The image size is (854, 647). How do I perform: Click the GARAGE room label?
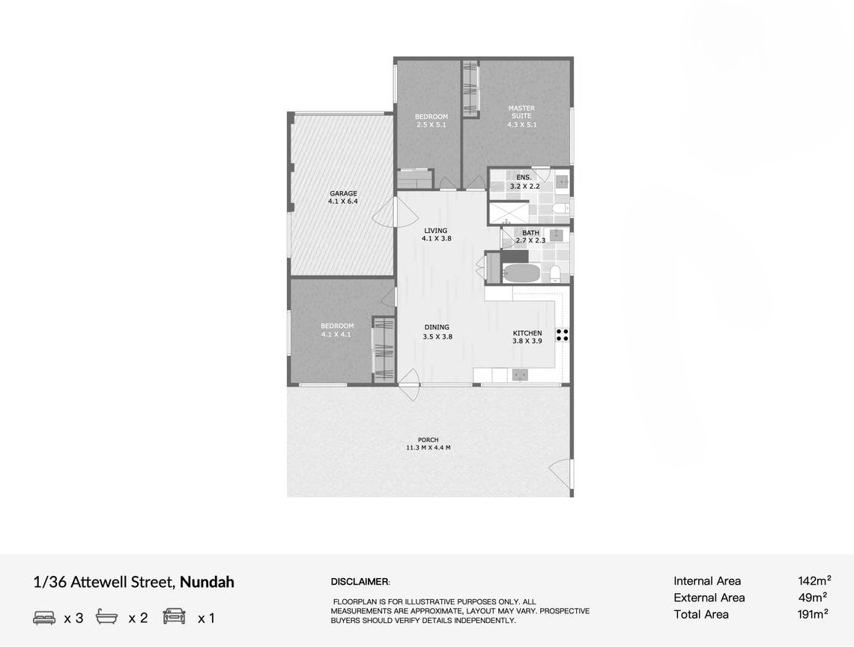343,197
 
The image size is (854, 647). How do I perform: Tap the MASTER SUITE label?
522,116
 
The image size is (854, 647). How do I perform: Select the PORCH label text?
428,444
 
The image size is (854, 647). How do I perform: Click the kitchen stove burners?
563,335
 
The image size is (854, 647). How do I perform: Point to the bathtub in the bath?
521,273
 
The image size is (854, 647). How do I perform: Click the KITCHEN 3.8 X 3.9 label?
527,337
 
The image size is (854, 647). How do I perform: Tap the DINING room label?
437,332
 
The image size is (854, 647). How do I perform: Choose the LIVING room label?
436,234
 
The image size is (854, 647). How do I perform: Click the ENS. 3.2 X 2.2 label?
524,182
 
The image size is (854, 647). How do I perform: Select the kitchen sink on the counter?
520,374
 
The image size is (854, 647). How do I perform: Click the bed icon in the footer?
44,618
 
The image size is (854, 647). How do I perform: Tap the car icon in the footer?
175,616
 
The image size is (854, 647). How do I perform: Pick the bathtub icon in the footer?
106,616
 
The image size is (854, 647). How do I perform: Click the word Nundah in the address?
207,582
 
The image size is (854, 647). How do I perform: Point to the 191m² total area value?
813,614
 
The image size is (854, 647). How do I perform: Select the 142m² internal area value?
814,581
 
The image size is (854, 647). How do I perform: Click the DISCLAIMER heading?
360,582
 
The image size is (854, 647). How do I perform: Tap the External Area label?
709,598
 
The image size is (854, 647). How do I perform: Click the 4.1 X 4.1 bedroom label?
336,335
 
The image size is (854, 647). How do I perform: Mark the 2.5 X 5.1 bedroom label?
431,125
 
